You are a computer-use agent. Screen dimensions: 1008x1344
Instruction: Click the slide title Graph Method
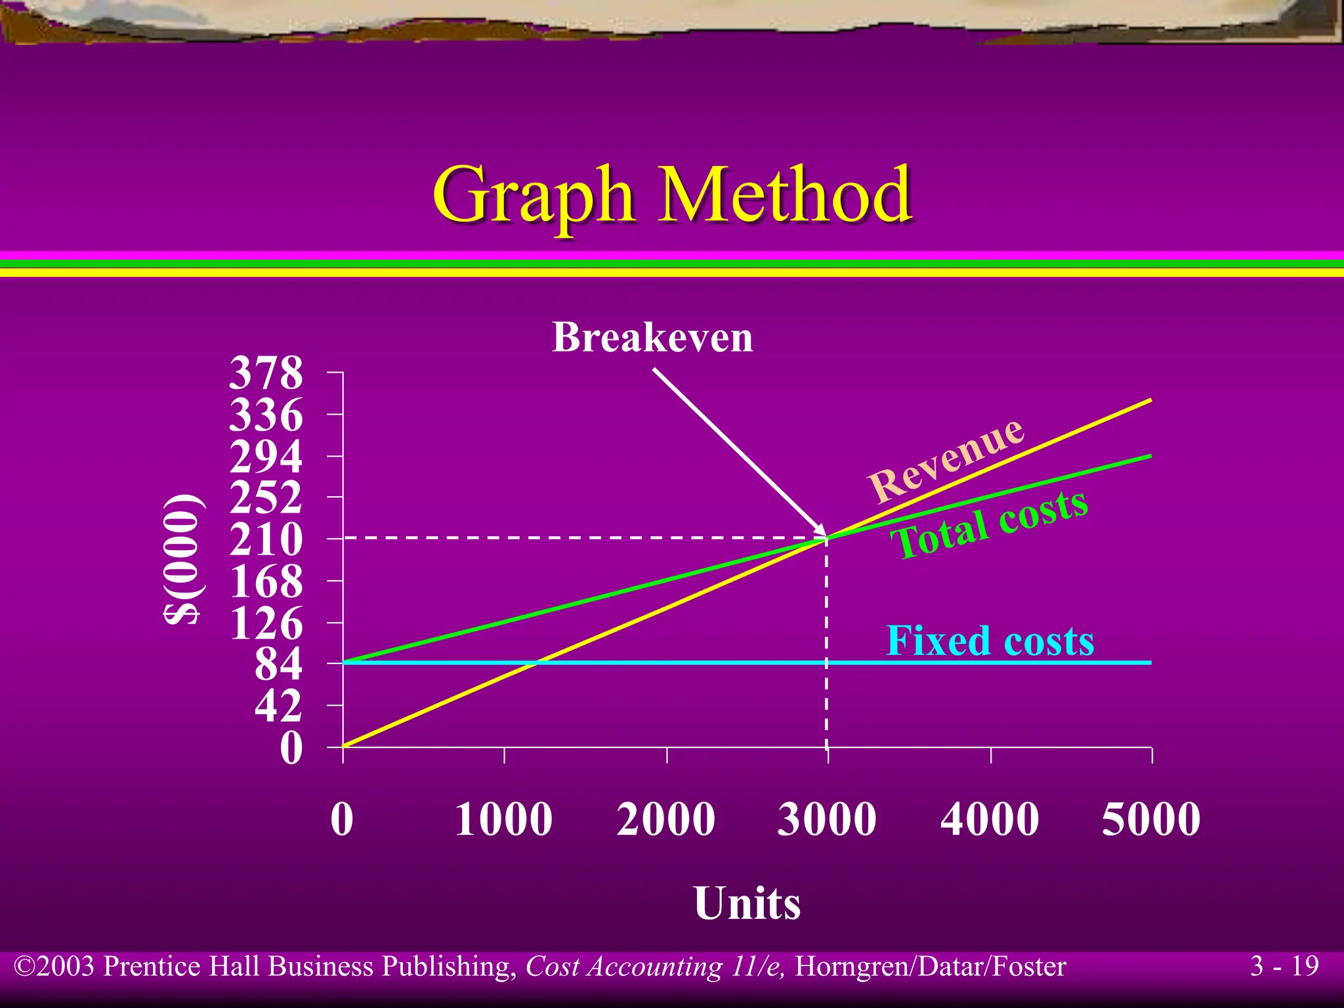[672, 196]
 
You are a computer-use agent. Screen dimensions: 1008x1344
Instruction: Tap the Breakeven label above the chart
[652, 337]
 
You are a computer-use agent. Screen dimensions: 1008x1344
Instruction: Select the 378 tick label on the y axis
[266, 373]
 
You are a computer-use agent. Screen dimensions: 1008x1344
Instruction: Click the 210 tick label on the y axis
[266, 540]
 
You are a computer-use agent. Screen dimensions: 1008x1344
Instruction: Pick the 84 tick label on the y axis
[278, 664]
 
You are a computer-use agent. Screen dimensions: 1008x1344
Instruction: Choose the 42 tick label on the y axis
[278, 706]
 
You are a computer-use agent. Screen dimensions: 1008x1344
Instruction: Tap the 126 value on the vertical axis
[266, 623]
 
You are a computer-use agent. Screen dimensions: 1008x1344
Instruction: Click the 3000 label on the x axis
[827, 819]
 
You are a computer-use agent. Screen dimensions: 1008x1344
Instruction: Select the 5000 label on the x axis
[1151, 819]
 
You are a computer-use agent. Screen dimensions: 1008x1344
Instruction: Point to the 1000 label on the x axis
[503, 819]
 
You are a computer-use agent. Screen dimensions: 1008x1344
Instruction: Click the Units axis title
[747, 904]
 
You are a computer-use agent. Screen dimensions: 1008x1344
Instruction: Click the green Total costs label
[990, 525]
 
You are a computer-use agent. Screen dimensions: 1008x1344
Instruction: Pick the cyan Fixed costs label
[990, 640]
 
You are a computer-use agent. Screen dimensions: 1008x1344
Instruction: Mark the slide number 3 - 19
[1284, 966]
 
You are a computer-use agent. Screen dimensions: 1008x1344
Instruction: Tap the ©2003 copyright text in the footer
[55, 967]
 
